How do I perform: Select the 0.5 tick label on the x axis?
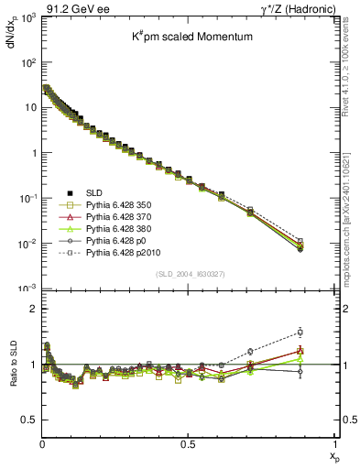point(188,443)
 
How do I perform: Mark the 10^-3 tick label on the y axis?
point(27,289)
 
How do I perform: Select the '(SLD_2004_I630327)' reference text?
point(189,274)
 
